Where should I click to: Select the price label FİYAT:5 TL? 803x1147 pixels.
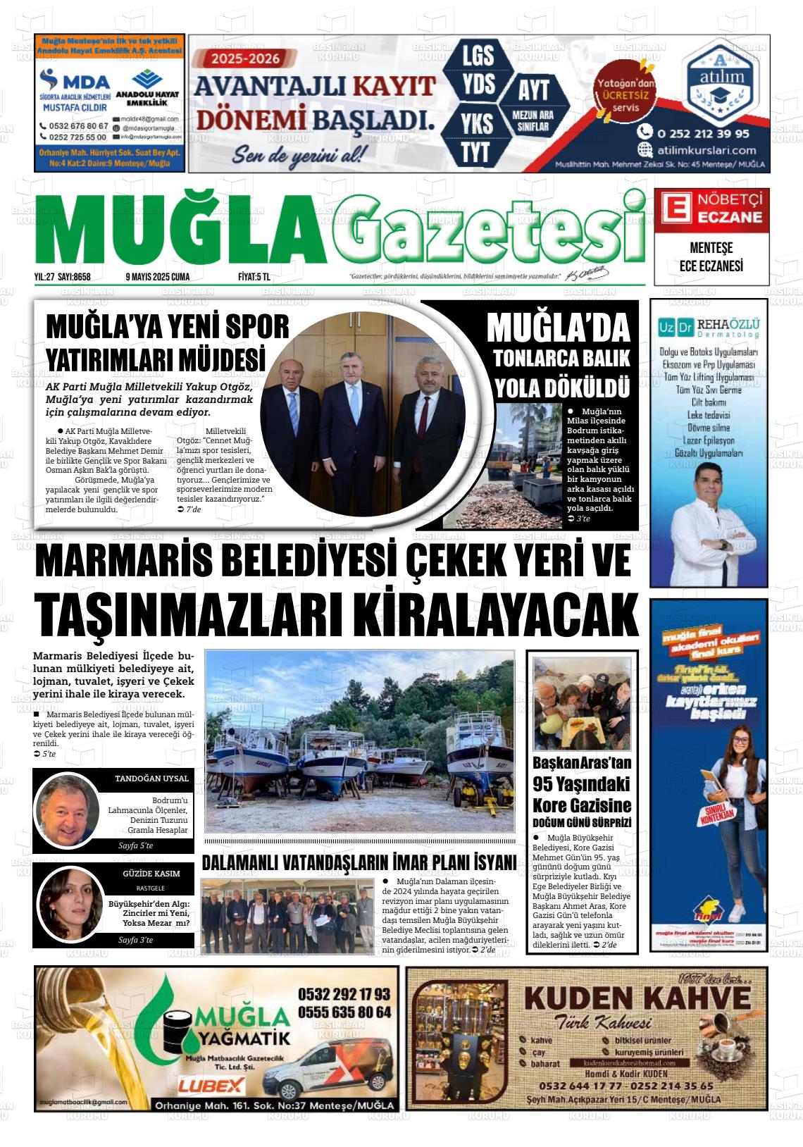click(x=254, y=277)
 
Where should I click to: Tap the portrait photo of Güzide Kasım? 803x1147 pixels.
click(x=70, y=906)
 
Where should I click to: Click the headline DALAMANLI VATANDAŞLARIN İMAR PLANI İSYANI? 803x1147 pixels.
click(x=359, y=862)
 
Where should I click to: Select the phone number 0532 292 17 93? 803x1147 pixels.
click(x=344, y=994)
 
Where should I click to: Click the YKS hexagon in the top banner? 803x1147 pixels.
click(x=476, y=124)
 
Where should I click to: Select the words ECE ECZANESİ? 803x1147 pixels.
click(x=711, y=266)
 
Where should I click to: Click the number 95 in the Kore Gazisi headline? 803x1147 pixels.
click(x=544, y=784)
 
